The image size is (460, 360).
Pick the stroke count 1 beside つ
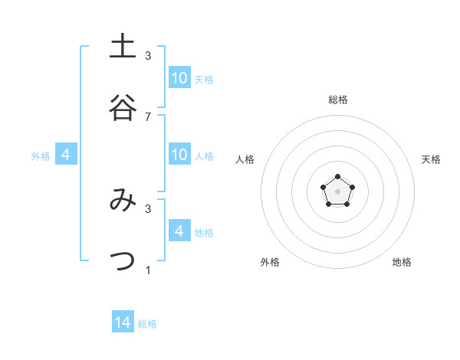(148, 270)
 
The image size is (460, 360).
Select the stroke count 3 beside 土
(148, 55)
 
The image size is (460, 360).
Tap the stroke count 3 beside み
(148, 208)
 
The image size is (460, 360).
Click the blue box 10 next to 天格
(179, 77)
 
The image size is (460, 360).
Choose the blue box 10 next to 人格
(179, 154)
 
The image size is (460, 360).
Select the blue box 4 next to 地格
(179, 231)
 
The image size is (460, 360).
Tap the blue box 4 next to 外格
(66, 154)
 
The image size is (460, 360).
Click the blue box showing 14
(123, 322)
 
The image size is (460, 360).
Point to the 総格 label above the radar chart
(338, 100)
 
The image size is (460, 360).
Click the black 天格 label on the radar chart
(431, 159)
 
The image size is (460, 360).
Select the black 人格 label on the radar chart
(245, 159)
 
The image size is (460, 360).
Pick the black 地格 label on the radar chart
(402, 262)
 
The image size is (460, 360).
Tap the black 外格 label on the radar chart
(270, 262)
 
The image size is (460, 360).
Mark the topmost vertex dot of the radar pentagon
(337, 177)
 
